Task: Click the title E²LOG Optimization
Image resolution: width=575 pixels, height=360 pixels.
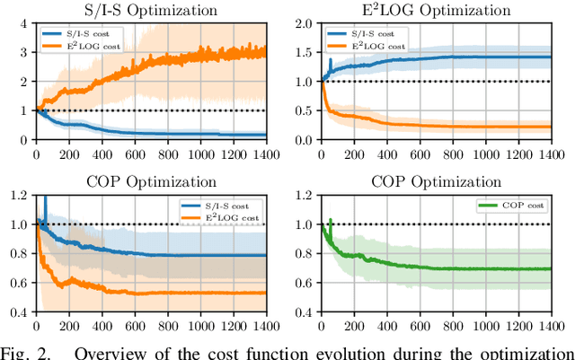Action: (443, 11)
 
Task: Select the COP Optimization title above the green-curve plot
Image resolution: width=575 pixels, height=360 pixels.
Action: (443, 180)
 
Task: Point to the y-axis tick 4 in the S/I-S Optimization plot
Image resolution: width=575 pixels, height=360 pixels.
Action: (25, 23)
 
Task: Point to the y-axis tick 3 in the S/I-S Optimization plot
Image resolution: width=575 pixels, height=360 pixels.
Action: (25, 52)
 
